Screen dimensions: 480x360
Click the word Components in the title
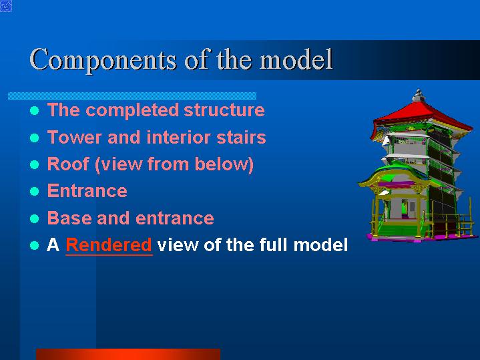pyautogui.click(x=103, y=60)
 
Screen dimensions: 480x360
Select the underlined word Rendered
pyautogui.click(x=109, y=245)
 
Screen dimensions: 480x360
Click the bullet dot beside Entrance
pyautogui.click(x=35, y=192)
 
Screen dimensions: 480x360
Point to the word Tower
pyautogui.click(x=74, y=137)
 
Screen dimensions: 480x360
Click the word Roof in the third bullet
pyautogui.click(x=67, y=164)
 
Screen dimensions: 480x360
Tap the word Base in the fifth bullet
pyautogui.click(x=70, y=218)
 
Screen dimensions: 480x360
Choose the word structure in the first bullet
pyautogui.click(x=224, y=110)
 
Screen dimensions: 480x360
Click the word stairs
pyautogui.click(x=241, y=137)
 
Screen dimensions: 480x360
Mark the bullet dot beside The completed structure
pyautogui.click(x=35, y=110)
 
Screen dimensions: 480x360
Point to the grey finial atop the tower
pyautogui.click(x=419, y=96)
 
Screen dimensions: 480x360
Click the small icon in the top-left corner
pyautogui.click(x=6, y=6)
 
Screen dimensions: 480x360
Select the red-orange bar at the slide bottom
pyautogui.click(x=128, y=354)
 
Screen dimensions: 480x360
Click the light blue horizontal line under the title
pyautogui.click(x=132, y=96)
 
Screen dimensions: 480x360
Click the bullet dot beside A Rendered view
pyautogui.click(x=35, y=245)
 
